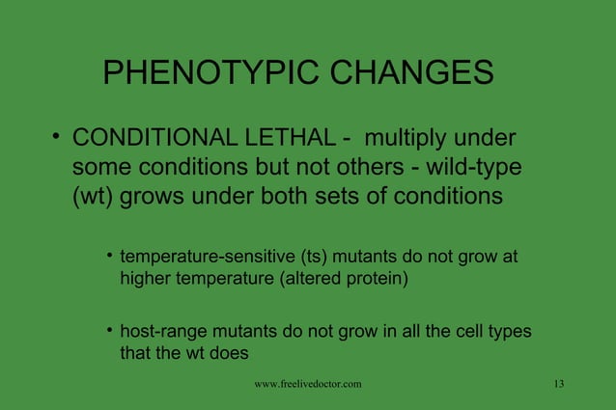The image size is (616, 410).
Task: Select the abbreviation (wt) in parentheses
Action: click(x=95, y=197)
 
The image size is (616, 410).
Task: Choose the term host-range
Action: click(x=162, y=333)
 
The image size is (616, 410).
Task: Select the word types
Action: click(x=508, y=333)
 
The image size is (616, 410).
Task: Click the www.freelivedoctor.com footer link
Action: click(x=308, y=385)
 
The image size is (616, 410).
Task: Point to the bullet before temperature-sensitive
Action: click(x=110, y=257)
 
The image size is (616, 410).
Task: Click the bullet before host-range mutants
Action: click(x=110, y=331)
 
